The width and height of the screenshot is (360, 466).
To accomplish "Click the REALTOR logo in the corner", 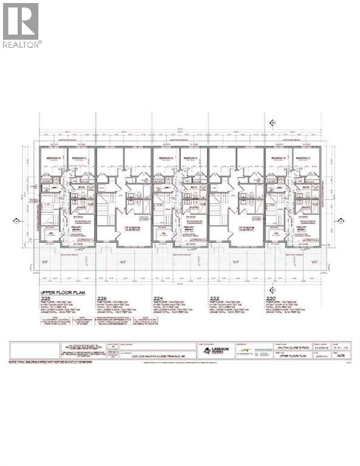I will click(x=21, y=25).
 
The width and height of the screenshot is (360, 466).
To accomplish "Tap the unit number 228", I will click(x=46, y=299).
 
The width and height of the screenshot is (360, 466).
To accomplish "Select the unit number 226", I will click(x=101, y=299).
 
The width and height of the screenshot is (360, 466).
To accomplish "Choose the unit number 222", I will click(x=213, y=299).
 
